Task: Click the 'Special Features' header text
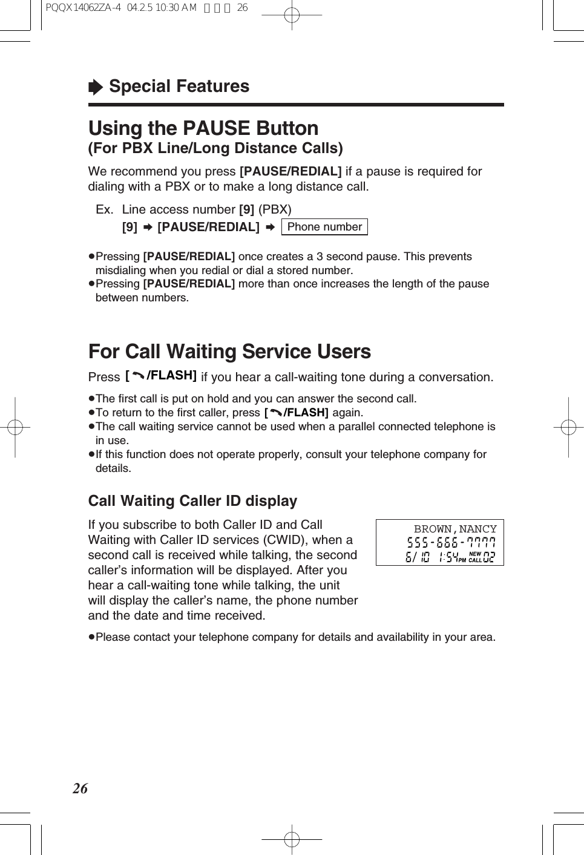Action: tap(179, 87)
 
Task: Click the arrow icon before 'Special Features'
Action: tap(96, 88)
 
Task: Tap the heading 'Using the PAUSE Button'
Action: tap(203, 128)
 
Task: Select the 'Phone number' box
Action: tap(324, 227)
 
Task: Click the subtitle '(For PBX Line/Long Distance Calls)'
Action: tap(215, 148)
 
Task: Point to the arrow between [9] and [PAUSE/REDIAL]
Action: tap(147, 228)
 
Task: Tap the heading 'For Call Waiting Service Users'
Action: tap(229, 352)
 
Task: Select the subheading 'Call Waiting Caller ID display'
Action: tap(192, 501)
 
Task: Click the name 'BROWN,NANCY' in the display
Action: tap(455, 529)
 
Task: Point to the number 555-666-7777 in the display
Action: tap(451, 543)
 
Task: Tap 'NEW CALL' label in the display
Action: tap(475, 557)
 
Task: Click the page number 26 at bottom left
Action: tap(80, 788)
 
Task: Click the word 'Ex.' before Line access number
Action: tap(104, 210)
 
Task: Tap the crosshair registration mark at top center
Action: tap(292, 16)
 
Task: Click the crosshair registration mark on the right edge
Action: tap(568, 427)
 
